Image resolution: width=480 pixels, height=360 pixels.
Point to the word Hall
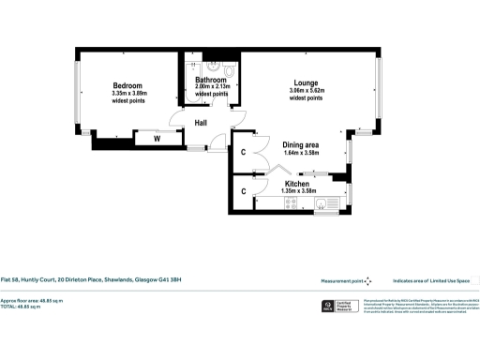pos(201,123)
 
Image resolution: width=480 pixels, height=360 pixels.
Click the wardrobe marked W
pos(157,141)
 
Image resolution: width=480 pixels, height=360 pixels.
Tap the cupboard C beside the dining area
pos(243,153)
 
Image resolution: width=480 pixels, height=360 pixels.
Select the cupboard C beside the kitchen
pos(243,192)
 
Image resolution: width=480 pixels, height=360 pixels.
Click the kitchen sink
pos(327,203)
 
